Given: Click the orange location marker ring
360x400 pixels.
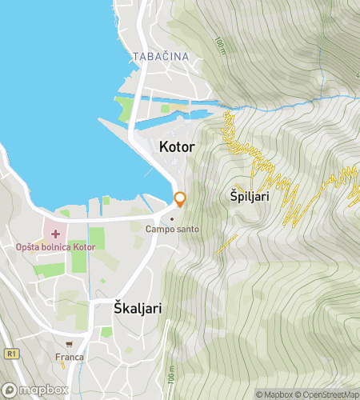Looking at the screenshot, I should [180, 199].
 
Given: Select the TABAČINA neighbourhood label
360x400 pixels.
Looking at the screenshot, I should [161, 57].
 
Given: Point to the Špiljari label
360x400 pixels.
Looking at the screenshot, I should [250, 195].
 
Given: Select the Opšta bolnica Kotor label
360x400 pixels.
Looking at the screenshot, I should [55, 246].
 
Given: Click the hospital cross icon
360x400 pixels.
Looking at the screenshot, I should [55, 234].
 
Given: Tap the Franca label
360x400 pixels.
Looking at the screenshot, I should [70, 357].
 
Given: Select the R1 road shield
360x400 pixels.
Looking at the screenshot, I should [10, 352].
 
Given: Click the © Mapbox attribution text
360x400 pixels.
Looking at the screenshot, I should [274, 394].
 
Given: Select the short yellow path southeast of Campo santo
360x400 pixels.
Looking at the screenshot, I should [226, 244].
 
